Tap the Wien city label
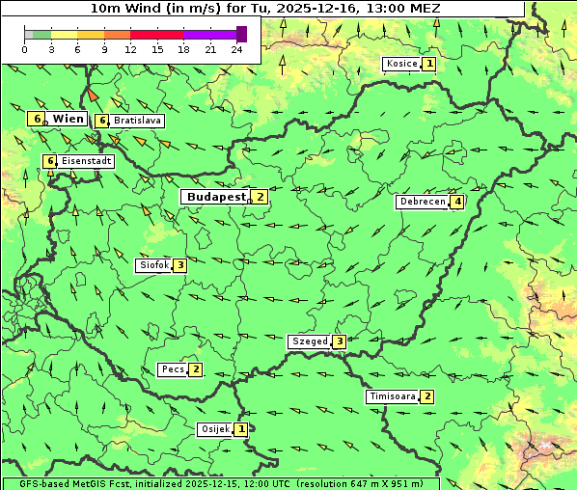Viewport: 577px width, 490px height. (68, 119)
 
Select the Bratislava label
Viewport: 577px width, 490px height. (136, 122)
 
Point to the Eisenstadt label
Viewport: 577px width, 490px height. (86, 161)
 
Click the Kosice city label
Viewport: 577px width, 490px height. (401, 64)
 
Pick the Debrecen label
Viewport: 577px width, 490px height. (422, 202)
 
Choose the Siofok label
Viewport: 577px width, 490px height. (153, 264)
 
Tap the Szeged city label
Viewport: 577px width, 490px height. (310, 341)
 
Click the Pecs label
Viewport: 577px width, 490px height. (174, 369)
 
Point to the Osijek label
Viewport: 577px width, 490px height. (215, 429)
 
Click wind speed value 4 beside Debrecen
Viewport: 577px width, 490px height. (457, 202)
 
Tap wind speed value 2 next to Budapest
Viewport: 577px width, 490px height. (260, 197)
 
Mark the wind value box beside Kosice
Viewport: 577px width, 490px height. (429, 64)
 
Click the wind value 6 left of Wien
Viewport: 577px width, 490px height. (37, 119)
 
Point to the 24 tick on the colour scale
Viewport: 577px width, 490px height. (237, 49)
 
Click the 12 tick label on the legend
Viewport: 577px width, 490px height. (130, 49)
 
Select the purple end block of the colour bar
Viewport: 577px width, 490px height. (241, 34)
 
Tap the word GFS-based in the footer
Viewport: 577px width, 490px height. (29, 483)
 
